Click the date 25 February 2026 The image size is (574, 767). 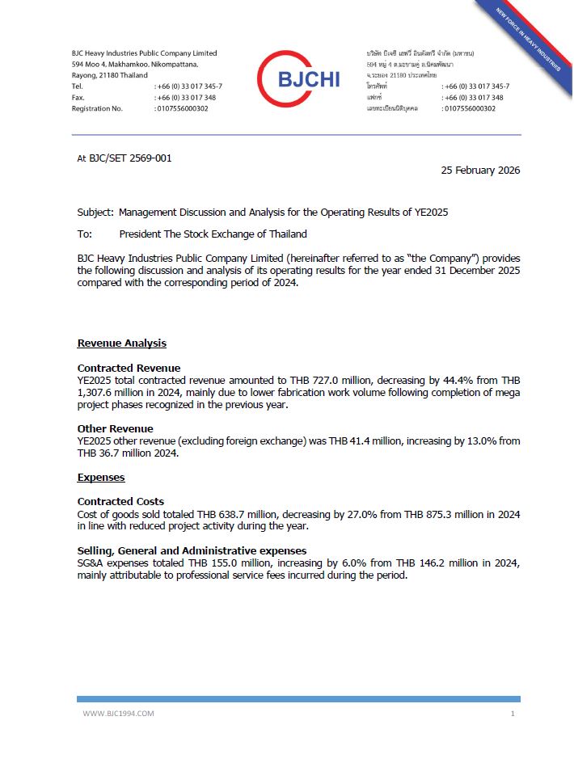click(480, 171)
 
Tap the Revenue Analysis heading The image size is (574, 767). click(121, 343)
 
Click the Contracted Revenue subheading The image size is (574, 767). click(129, 368)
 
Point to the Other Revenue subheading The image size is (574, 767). click(115, 428)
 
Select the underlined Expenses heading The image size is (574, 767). click(101, 478)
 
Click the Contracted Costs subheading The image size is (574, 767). click(120, 502)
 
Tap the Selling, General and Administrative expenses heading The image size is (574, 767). click(192, 550)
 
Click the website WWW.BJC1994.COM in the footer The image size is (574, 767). click(118, 714)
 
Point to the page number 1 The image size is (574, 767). click(513, 714)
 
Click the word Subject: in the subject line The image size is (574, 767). click(95, 213)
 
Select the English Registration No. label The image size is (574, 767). click(97, 108)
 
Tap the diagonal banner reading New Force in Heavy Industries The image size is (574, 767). click(530, 41)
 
